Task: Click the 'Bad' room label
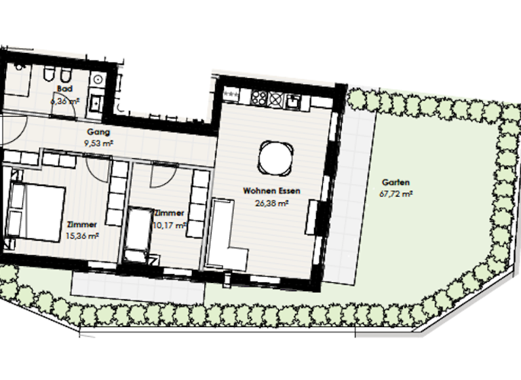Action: pyautogui.click(x=65, y=89)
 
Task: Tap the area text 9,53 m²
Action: pyautogui.click(x=99, y=143)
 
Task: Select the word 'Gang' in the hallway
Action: pyautogui.click(x=99, y=132)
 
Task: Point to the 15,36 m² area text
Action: pyautogui.click(x=83, y=235)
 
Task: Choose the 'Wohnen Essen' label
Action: pyautogui.click(x=271, y=192)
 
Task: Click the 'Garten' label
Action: pyautogui.click(x=395, y=183)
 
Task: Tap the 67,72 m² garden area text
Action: pyautogui.click(x=396, y=193)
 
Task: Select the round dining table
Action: pyautogui.click(x=275, y=159)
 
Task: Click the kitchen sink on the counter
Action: pyautogui.click(x=294, y=102)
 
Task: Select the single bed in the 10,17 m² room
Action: pyautogui.click(x=140, y=234)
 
